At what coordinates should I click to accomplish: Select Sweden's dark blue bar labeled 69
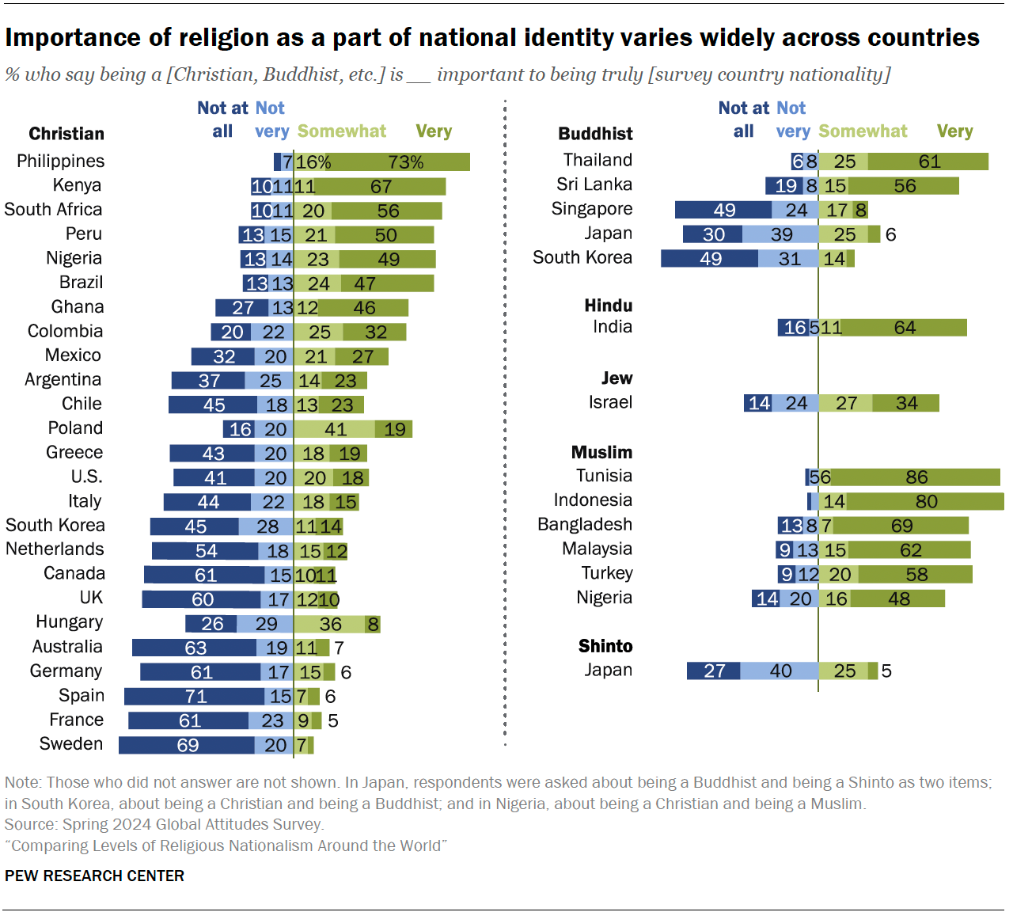187,745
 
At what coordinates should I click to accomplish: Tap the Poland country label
75,428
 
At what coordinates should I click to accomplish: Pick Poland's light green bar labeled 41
335,429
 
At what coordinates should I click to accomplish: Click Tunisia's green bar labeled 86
916,477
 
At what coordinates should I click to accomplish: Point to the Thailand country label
598,160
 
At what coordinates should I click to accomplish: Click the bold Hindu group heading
608,306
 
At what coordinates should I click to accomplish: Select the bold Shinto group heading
605,646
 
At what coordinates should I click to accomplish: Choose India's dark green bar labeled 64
905,328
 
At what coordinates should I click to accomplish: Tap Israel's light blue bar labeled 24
796,403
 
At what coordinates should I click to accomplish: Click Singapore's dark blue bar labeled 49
723,210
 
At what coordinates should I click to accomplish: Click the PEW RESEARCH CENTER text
94,876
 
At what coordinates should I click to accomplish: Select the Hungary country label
69,622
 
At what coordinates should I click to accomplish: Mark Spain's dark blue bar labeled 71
195,697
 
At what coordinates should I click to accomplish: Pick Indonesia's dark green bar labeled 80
925,502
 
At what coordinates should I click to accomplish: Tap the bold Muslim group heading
601,452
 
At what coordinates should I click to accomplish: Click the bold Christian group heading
66,134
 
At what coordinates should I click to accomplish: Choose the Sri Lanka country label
594,184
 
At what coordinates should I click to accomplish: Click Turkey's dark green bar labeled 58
916,575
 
